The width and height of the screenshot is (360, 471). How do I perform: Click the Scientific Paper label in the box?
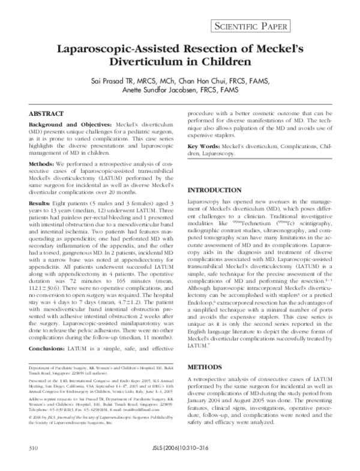point(279,26)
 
